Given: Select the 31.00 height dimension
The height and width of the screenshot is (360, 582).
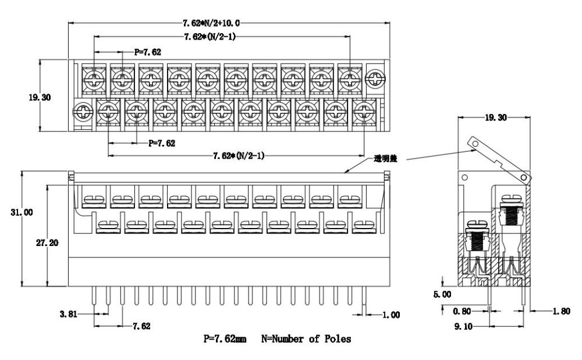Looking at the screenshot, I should pyautogui.click(x=22, y=213).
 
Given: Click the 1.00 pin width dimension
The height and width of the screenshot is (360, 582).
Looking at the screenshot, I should pyautogui.click(x=391, y=315).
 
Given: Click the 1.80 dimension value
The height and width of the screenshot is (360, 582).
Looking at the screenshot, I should pyautogui.click(x=563, y=312).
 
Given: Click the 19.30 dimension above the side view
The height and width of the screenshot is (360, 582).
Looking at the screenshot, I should pyautogui.click(x=495, y=117).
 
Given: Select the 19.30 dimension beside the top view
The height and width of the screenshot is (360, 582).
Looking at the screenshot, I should pyautogui.click(x=40, y=97).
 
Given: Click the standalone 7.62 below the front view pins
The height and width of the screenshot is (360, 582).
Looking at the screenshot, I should pyautogui.click(x=141, y=327).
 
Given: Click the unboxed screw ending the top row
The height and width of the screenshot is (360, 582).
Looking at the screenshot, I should pyautogui.click(x=375, y=77).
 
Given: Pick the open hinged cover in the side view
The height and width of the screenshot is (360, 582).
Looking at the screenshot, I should pyautogui.click(x=499, y=158).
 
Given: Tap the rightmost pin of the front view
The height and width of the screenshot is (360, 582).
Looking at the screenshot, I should pyautogui.click(x=364, y=298).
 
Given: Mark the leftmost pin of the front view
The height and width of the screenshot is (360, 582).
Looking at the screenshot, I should pyautogui.click(x=94, y=298).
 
